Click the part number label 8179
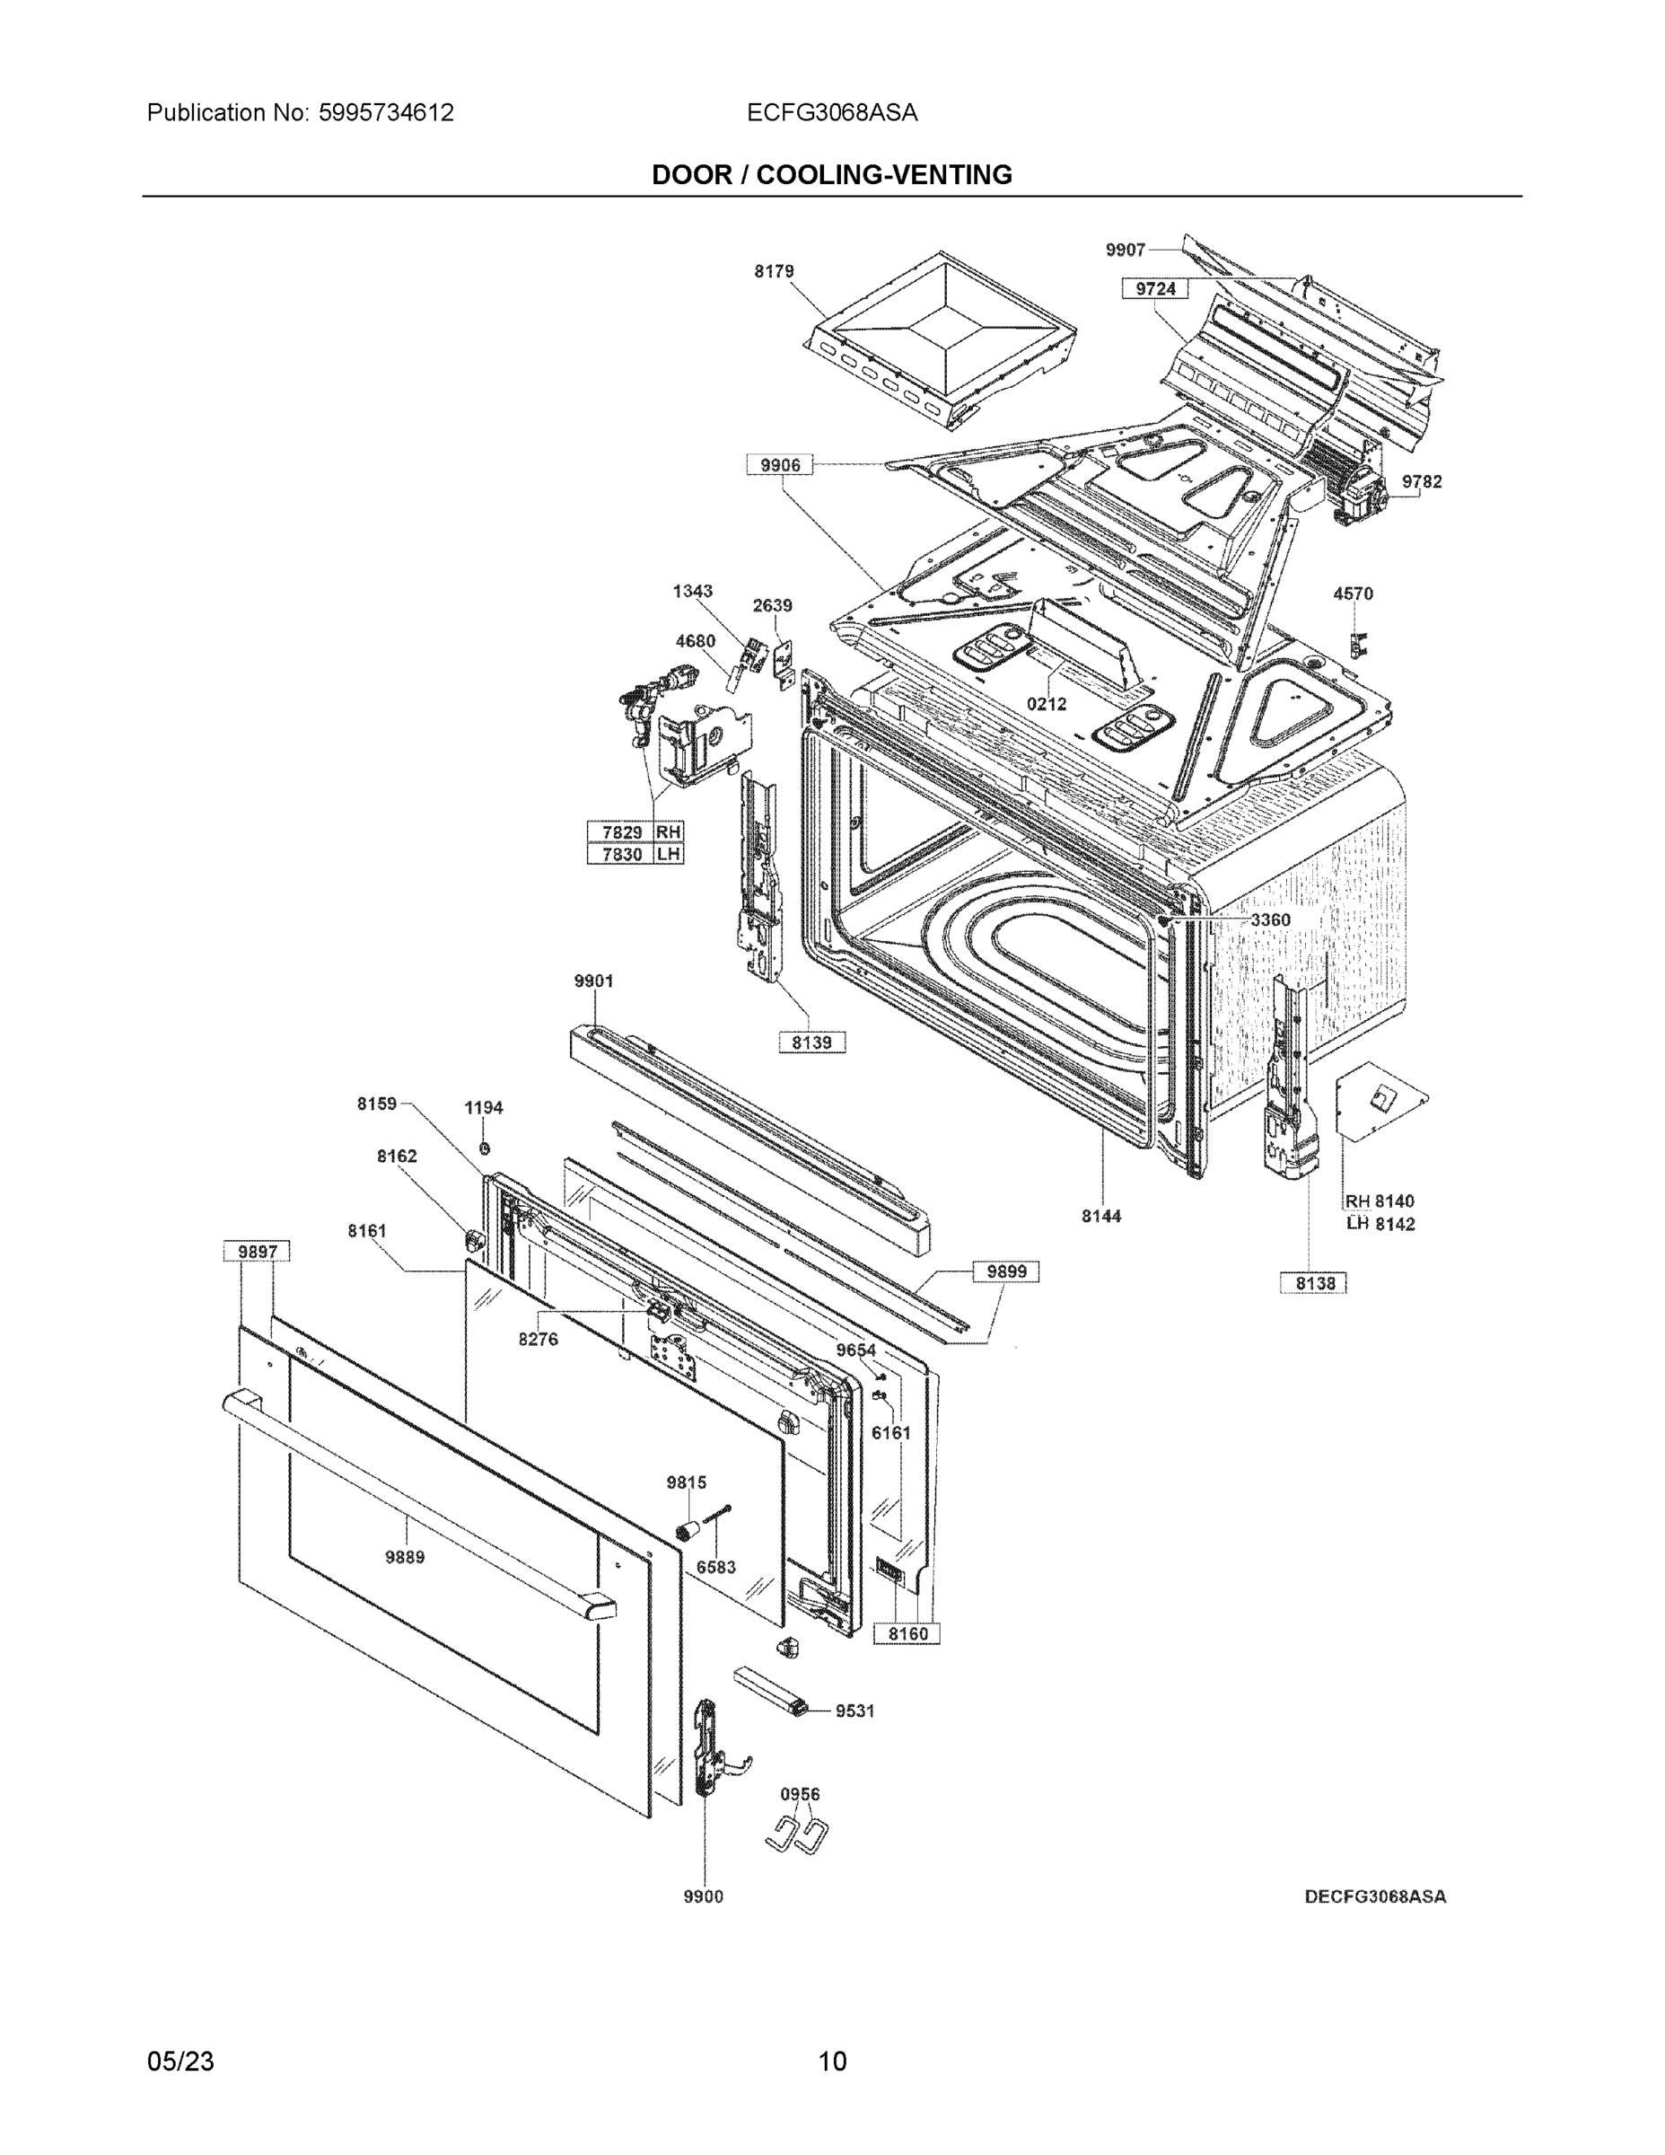click(775, 271)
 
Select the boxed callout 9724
click(1155, 288)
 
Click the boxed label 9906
click(779, 465)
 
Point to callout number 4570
click(1353, 594)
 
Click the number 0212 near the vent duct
click(1046, 704)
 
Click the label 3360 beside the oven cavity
click(1269, 919)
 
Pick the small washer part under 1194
click(485, 1148)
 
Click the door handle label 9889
click(405, 1557)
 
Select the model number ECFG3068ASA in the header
click(831, 112)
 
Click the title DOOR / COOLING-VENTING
click(831, 175)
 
